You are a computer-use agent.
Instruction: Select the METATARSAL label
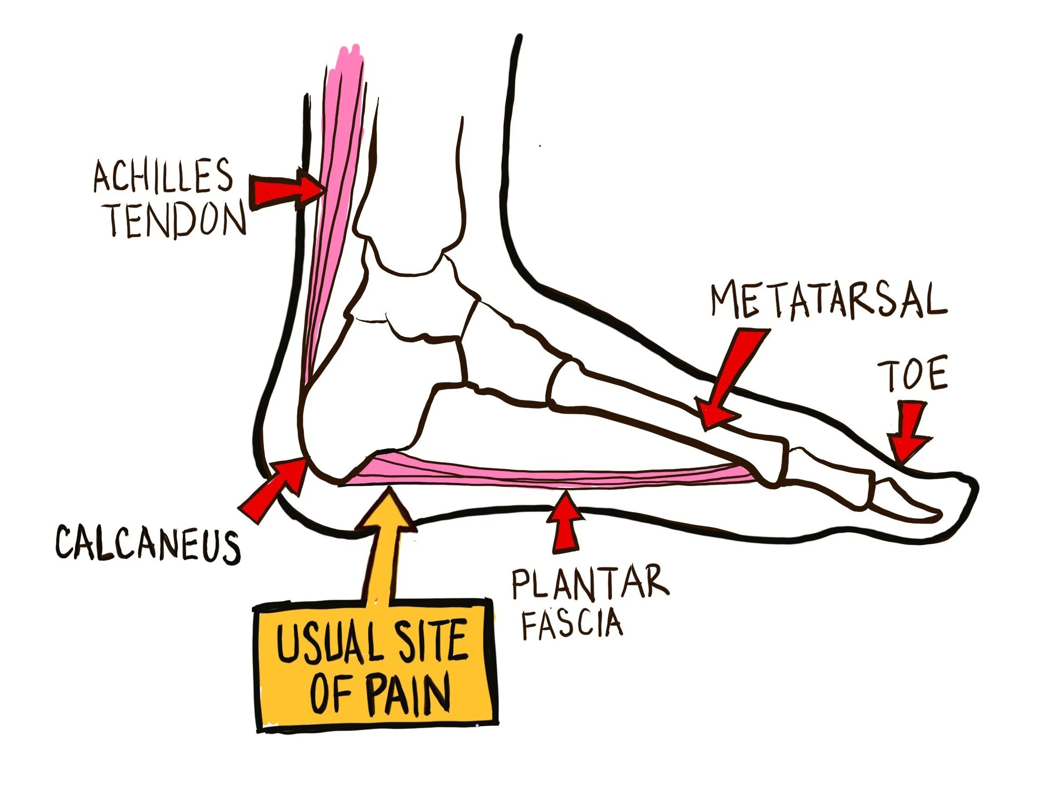tap(828, 301)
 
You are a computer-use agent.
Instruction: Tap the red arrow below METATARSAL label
tap(728, 381)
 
